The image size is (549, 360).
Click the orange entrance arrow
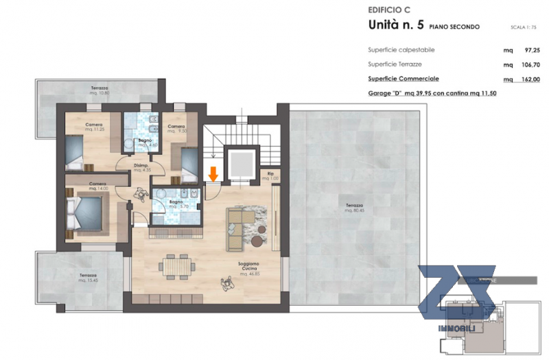213,174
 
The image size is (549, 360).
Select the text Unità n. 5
396,26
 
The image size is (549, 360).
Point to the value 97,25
530,50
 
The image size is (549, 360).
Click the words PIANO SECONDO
454,27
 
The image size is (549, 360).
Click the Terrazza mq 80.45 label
355,208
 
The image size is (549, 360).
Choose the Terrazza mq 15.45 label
90,278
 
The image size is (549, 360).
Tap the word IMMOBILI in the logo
454,330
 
